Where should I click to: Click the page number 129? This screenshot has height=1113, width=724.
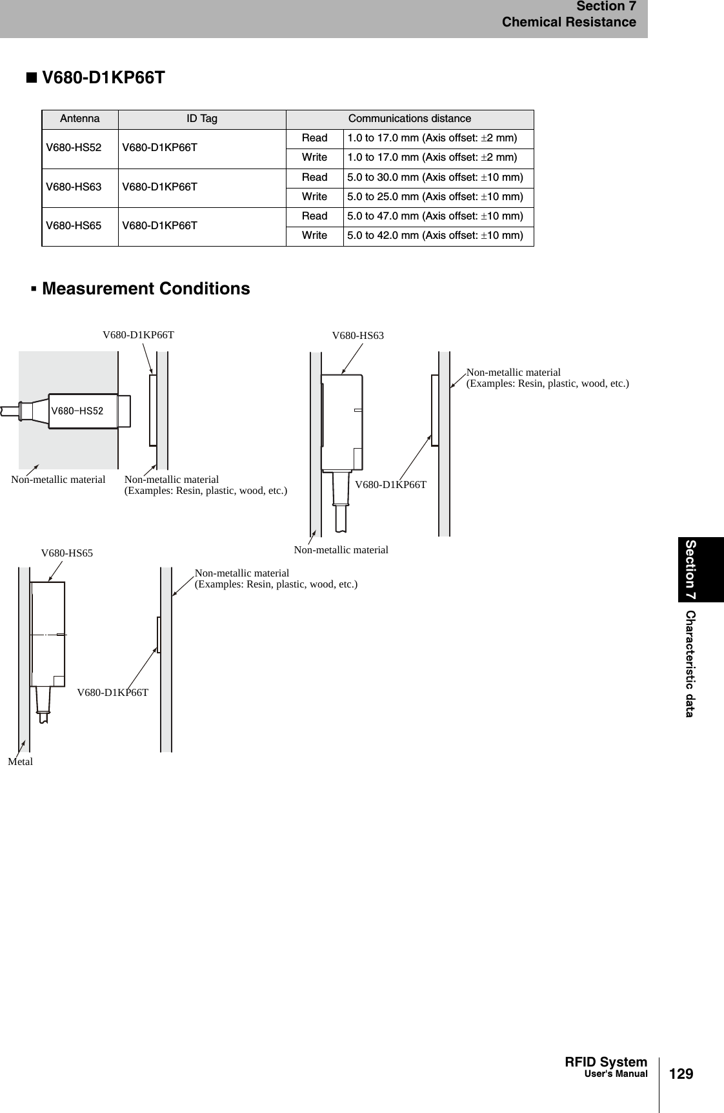(681, 1074)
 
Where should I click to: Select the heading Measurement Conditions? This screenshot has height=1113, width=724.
(145, 289)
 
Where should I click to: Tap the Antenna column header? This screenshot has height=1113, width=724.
(80, 119)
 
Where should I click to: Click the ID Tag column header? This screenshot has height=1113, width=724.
(202, 119)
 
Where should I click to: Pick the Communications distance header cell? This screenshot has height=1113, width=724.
(410, 119)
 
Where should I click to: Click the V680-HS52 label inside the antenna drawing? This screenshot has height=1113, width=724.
(77, 411)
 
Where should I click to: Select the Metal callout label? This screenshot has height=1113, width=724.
(21, 762)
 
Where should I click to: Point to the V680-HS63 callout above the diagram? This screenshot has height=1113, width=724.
(357, 336)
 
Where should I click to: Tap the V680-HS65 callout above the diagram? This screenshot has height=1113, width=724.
(67, 553)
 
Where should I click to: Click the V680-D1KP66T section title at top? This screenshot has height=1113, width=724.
(103, 78)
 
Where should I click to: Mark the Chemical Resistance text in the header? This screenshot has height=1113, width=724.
(568, 23)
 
